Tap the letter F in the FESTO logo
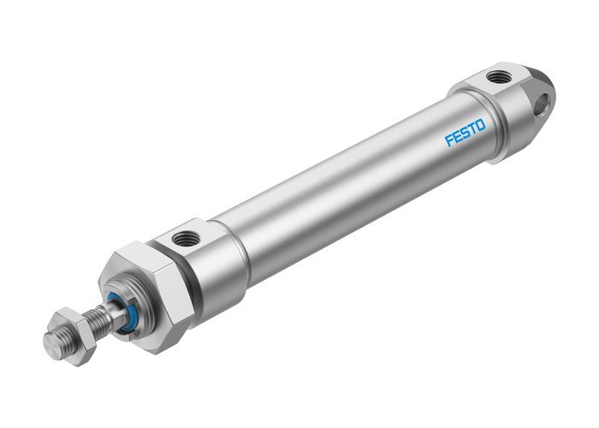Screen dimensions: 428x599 coord(448,141)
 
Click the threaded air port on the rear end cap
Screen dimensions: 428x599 coord(497,78)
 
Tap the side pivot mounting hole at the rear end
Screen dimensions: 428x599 coord(540,107)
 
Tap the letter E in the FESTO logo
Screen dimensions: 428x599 coord(457,138)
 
